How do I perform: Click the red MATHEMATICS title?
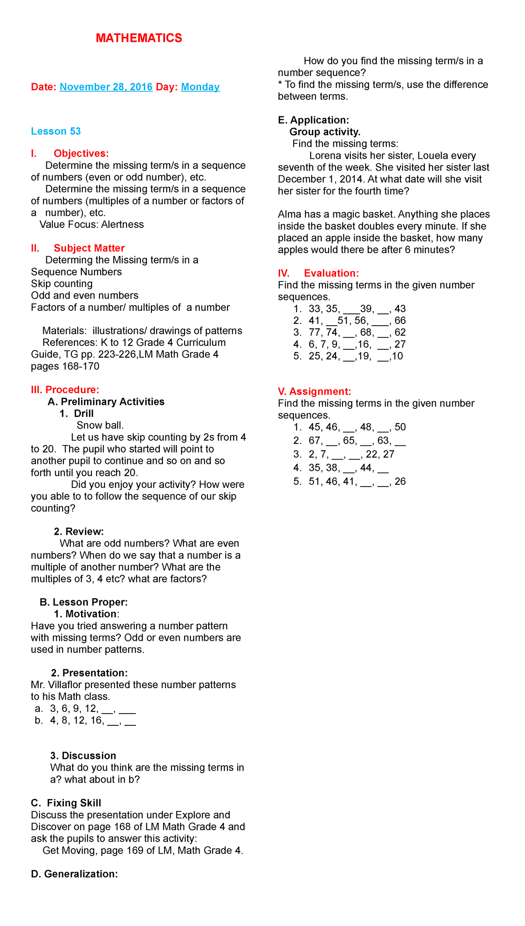139,38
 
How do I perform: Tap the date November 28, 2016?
106,87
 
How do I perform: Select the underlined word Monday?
200,87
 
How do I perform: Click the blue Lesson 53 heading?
56,131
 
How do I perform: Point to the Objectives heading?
81,153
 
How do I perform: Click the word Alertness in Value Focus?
122,224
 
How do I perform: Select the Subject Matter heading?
89,248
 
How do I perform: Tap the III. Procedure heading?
65,390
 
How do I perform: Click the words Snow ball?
100,425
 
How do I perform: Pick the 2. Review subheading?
79,531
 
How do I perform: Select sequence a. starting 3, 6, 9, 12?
92,708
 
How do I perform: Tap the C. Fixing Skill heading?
66,803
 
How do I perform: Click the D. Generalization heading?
74,874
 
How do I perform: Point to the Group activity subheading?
325,132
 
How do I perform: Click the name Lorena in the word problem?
325,156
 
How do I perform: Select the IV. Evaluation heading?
318,273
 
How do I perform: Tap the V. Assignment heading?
315,391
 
